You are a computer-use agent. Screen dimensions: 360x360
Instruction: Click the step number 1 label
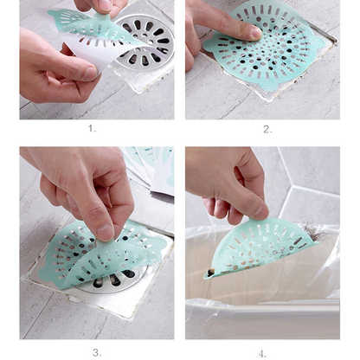92,128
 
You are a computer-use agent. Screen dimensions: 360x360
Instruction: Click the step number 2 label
267,129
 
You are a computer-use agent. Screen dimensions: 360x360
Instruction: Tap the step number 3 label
97,352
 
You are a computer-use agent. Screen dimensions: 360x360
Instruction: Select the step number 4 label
262,354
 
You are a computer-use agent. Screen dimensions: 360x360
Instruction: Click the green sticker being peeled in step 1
95,28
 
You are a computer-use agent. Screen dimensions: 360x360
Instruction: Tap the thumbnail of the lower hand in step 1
92,74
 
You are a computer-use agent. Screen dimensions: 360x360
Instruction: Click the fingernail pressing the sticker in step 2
256,33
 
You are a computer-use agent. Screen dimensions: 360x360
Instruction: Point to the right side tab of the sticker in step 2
319,43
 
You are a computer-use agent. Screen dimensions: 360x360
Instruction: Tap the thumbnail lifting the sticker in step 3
105,233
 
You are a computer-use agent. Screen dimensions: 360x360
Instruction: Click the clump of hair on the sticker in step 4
310,232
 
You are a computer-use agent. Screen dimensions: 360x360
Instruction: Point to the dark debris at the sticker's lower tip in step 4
210,273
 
